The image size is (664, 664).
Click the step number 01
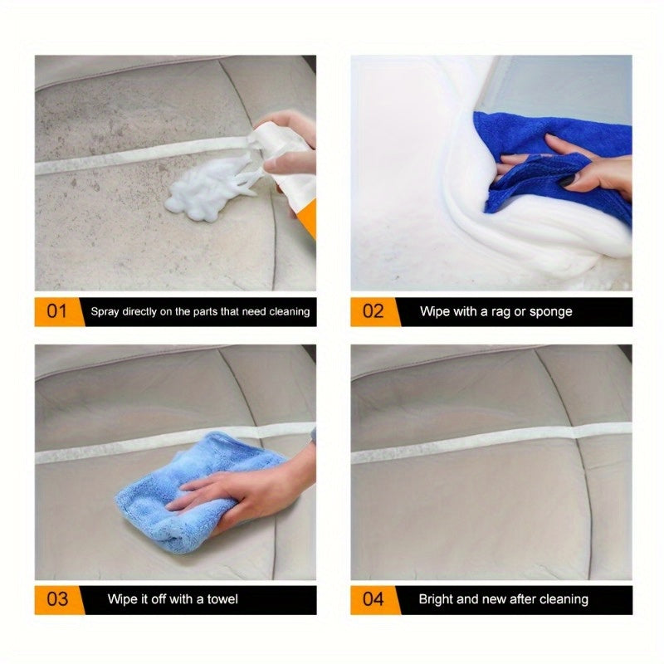click(x=56, y=312)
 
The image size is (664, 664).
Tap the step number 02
click(x=373, y=312)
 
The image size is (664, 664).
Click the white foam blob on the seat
click(x=203, y=196)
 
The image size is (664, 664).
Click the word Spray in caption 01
click(x=106, y=312)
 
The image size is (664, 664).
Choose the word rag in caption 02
click(x=497, y=312)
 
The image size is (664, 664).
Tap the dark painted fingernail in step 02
click(x=568, y=180)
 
